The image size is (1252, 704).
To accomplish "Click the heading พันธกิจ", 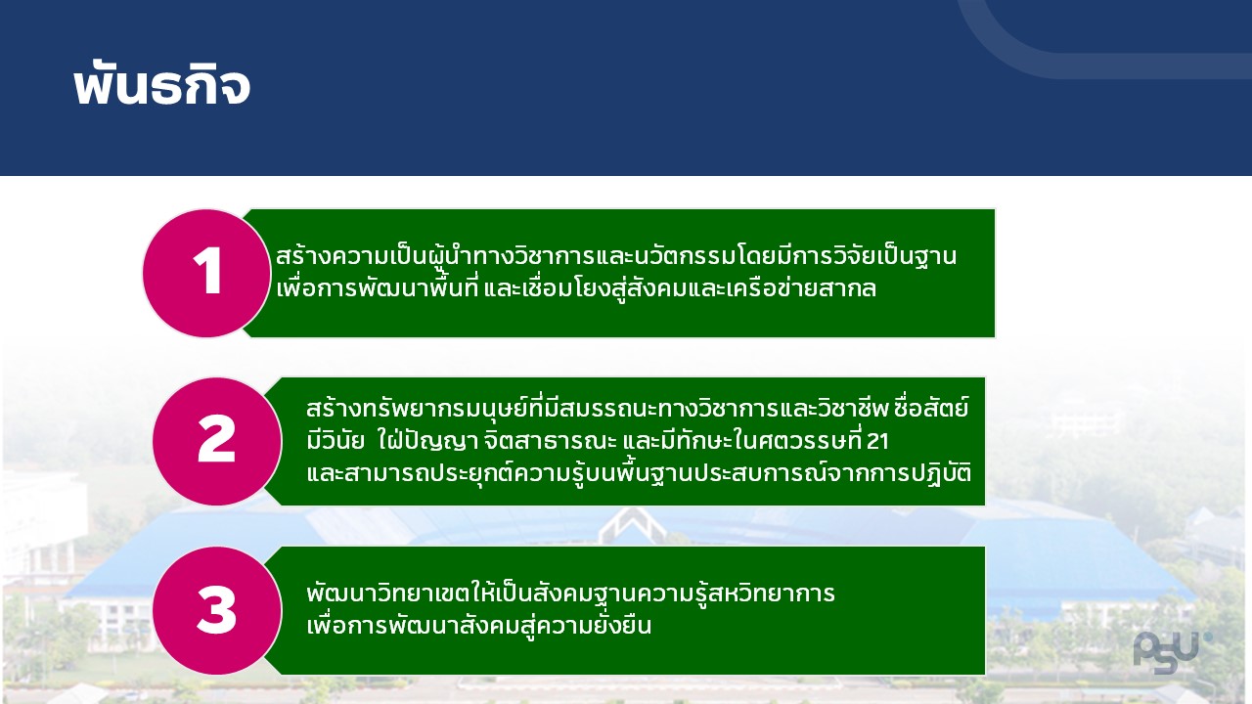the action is point(161,86).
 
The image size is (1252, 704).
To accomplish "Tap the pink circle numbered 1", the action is point(206,273).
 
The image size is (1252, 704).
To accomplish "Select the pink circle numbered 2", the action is point(217,441).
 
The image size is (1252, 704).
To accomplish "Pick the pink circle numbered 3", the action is point(217,611).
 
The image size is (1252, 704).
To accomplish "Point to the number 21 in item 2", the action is point(878,441).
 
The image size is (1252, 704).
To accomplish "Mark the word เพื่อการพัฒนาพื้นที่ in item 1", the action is point(378,288).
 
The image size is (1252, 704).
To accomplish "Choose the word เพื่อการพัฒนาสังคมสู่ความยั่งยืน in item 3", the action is point(479,625).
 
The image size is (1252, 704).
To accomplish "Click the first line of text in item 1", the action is point(616,256).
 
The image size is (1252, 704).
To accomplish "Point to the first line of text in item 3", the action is point(570,593).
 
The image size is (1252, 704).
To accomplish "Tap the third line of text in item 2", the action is point(639,474).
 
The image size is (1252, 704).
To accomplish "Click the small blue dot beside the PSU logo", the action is point(1208,638).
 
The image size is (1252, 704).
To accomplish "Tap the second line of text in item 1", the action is point(576,288).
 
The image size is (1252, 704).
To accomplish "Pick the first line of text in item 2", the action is point(638,408).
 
